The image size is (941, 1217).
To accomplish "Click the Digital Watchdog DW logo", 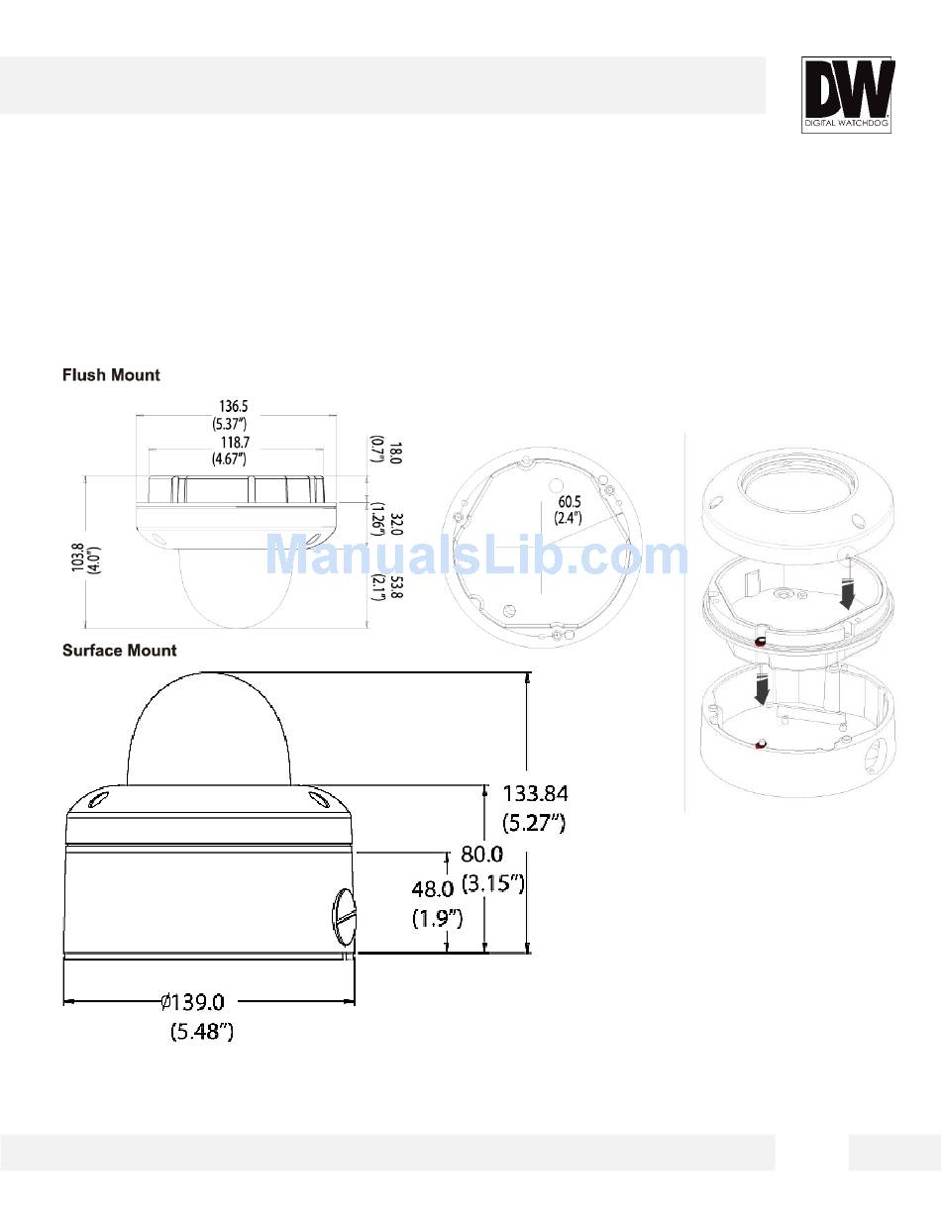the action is [x=846, y=95].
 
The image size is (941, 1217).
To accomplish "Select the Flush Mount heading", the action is [x=111, y=374].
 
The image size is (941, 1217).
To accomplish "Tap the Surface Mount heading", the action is [x=119, y=651].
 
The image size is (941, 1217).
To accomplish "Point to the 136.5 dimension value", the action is [x=233, y=406].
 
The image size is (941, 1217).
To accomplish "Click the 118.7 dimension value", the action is [x=235, y=443].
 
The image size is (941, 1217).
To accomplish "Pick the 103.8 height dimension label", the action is [x=78, y=557].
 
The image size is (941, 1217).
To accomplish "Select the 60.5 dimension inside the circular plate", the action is [x=570, y=502].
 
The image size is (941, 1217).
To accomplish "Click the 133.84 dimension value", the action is [x=535, y=793].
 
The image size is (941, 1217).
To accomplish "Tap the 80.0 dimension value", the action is [x=481, y=855].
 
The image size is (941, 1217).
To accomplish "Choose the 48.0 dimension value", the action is [x=433, y=889].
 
